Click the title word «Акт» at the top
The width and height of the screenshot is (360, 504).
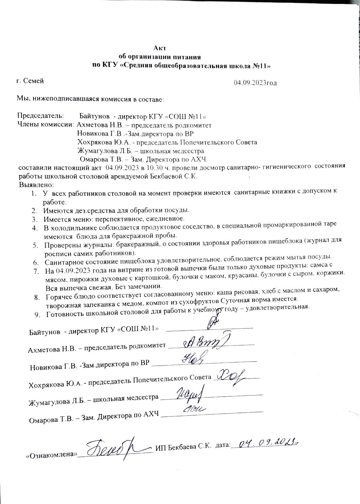[x=160, y=48]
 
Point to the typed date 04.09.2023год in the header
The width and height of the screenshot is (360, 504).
[x=255, y=83]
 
